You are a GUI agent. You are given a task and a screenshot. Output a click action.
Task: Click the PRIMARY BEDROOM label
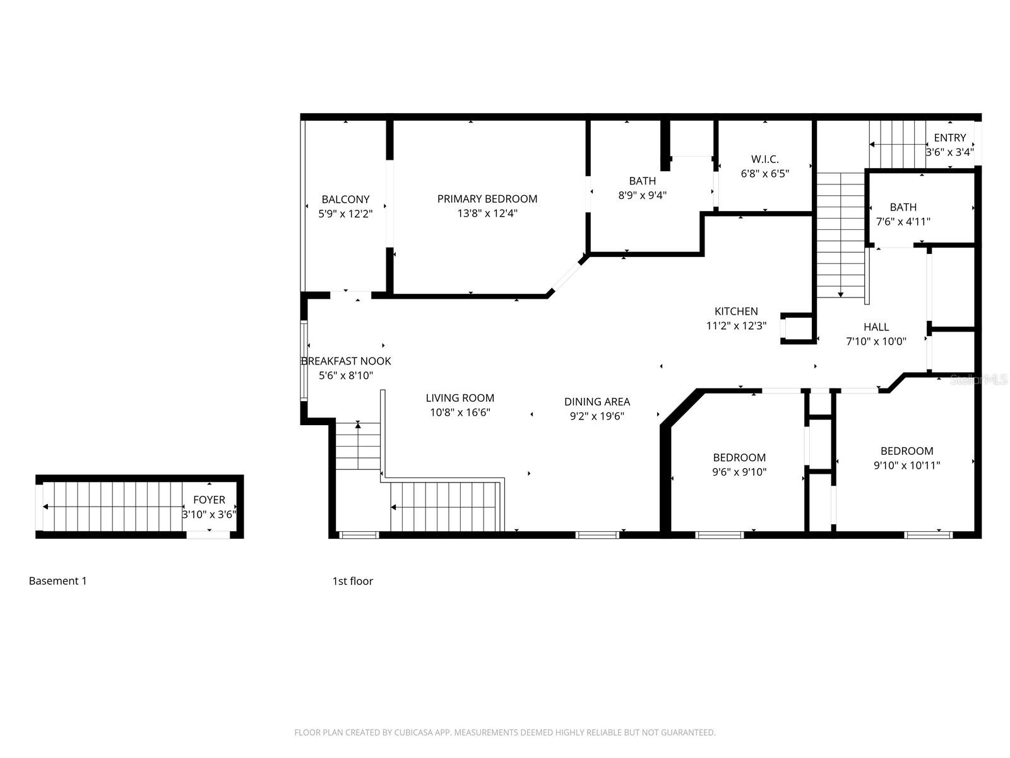487,199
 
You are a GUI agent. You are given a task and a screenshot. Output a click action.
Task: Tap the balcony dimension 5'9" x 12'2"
345,214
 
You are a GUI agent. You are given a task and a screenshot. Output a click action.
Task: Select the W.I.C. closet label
764,159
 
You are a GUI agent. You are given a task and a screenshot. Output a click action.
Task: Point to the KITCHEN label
736,311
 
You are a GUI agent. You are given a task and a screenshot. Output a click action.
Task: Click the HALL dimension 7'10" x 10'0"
876,342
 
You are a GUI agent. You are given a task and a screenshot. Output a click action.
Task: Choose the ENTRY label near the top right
949,138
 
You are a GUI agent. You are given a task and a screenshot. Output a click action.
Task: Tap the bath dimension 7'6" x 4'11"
903,222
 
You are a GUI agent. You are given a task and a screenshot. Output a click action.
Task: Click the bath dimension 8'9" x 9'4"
642,196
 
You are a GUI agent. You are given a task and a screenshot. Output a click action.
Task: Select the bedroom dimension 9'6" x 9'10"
739,472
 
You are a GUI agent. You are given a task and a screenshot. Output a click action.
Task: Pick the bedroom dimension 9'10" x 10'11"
906,466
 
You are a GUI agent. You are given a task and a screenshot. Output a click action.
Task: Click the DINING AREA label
597,402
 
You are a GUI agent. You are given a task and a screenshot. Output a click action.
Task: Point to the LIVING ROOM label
460,398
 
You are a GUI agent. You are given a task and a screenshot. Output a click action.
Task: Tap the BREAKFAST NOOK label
346,361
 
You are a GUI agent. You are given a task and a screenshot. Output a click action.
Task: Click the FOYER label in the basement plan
209,500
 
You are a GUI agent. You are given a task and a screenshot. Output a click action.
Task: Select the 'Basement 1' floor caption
57,581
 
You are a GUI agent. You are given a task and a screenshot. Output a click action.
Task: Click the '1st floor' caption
352,581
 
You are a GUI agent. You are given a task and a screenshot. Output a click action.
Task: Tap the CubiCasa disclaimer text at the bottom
504,733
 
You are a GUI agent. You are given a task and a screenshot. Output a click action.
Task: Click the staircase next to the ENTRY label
896,144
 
